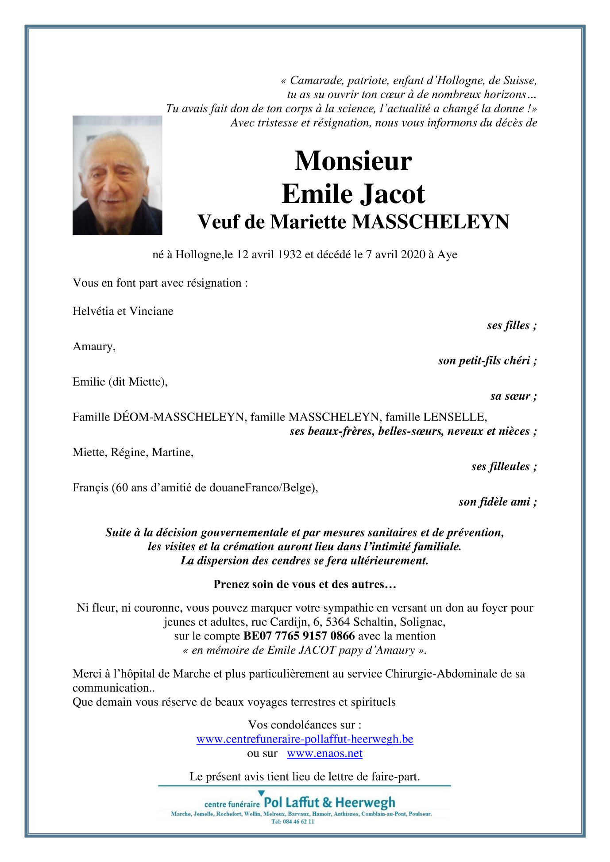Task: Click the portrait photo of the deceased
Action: point(117,175)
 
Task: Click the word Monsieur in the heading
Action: point(353,161)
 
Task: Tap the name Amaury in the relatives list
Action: point(93,346)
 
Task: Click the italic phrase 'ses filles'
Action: point(511,326)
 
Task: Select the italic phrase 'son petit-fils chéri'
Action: point(487,361)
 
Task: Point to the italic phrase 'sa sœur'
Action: point(513,396)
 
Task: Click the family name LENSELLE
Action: point(454,417)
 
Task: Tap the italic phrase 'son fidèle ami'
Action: point(497,502)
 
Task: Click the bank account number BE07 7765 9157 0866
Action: point(299,636)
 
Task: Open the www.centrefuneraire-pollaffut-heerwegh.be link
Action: point(305,739)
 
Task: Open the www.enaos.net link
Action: point(324,754)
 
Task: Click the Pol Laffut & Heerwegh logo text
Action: point(329,803)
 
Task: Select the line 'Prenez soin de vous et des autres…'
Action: point(305,585)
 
